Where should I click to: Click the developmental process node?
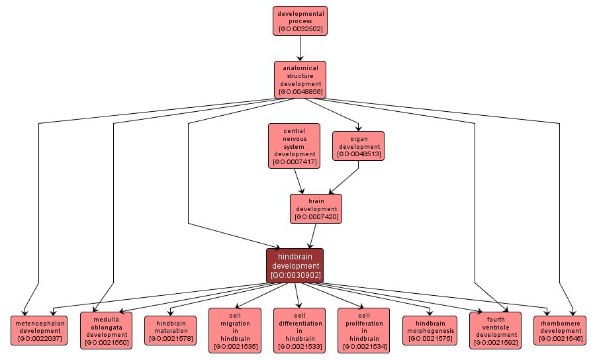[x=300, y=21]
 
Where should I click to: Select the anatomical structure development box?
[x=300, y=79]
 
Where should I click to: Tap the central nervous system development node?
[x=294, y=146]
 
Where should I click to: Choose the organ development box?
[x=359, y=146]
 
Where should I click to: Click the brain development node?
[x=316, y=208]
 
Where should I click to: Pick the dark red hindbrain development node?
[x=295, y=265]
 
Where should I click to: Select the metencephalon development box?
[x=40, y=330]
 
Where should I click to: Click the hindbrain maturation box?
[x=170, y=330]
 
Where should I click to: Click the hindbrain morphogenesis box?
[x=429, y=330]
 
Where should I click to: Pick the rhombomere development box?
[x=560, y=330]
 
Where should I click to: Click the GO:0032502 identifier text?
[x=300, y=29]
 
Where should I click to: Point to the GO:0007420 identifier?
[x=316, y=216]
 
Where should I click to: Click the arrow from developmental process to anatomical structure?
[x=300, y=48]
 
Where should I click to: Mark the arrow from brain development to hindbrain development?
[x=312, y=236]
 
